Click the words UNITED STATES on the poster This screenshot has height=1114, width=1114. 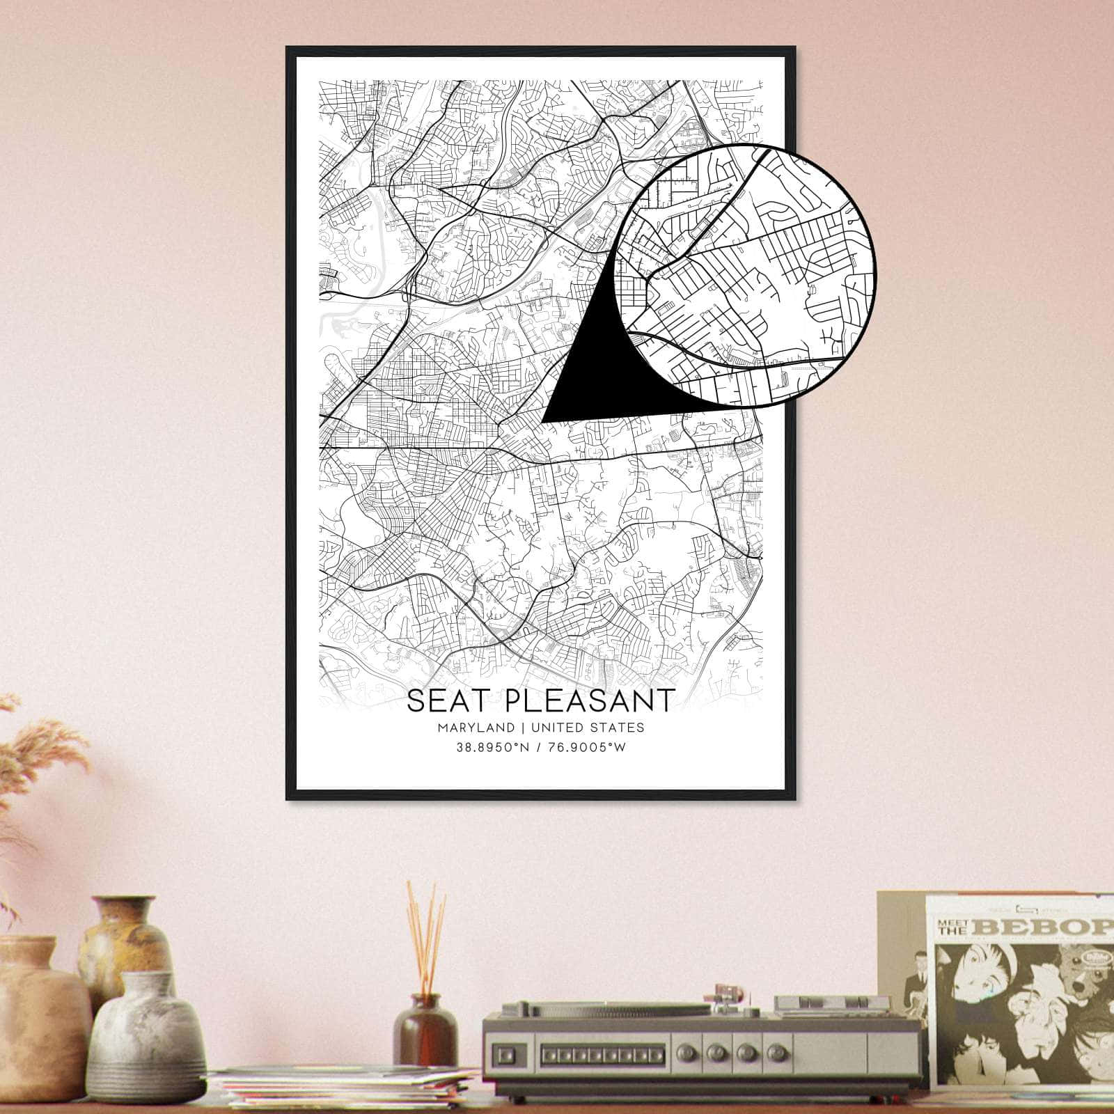(587, 728)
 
